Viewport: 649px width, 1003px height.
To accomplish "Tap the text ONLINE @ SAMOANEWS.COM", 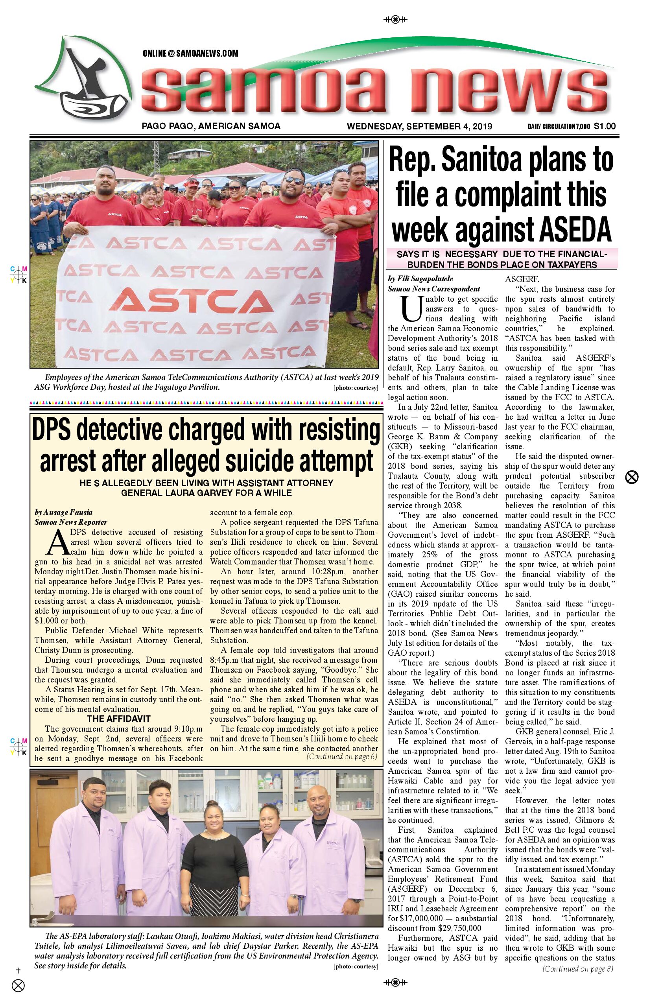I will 190,53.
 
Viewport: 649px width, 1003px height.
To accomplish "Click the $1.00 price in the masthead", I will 605,126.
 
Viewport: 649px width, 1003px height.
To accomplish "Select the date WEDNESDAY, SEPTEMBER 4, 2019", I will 419,126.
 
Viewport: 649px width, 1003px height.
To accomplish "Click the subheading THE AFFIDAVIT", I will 118,719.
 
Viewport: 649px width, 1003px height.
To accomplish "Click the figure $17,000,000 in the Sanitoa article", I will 414,918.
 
